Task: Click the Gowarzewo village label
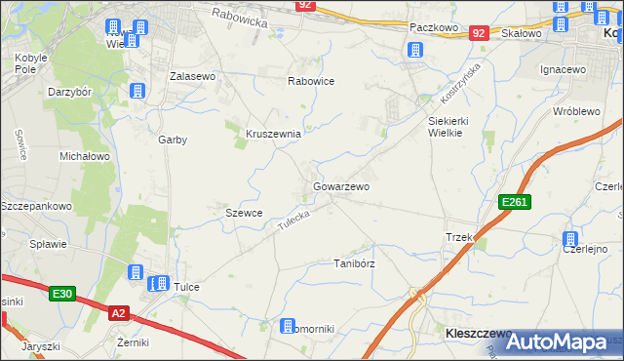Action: (x=340, y=185)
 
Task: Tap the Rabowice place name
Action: (x=311, y=81)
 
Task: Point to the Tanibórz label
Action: (x=355, y=263)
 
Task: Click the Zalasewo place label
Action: (x=192, y=75)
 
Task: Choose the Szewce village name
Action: (x=243, y=213)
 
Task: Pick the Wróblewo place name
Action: (x=575, y=111)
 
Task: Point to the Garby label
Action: (x=173, y=140)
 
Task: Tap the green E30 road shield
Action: (x=63, y=293)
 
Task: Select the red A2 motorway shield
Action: (x=118, y=312)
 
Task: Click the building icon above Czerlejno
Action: (x=569, y=240)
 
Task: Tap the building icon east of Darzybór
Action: (x=137, y=91)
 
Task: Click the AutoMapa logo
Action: (x=562, y=341)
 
